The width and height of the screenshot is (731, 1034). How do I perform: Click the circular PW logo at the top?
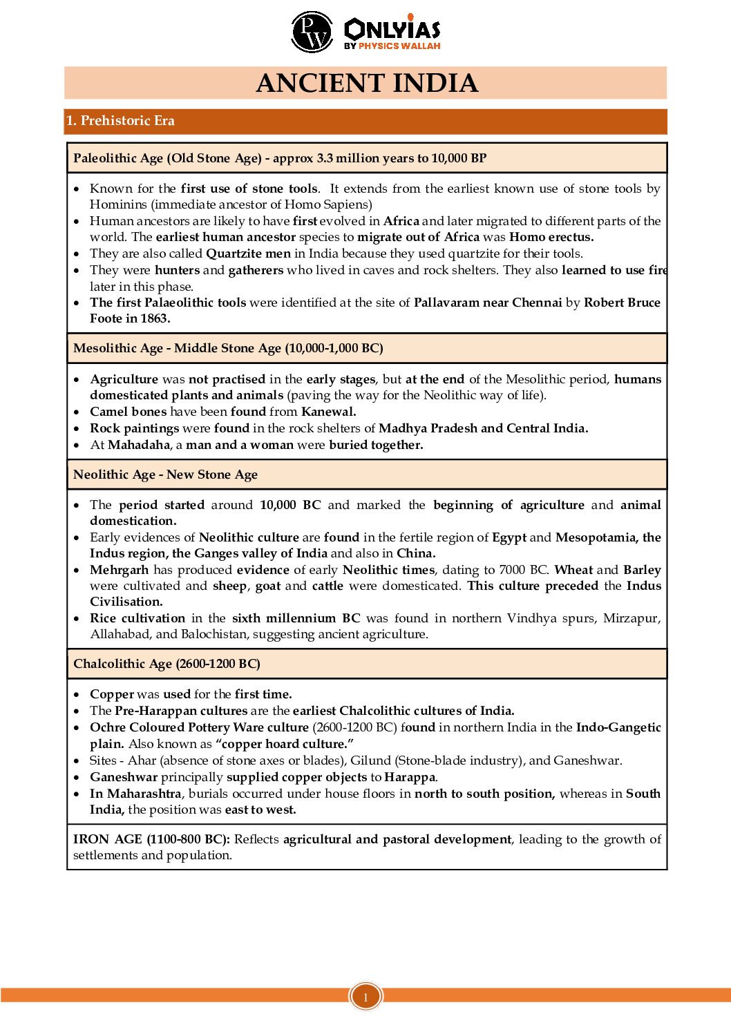[x=312, y=32]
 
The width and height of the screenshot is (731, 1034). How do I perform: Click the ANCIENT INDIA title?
[x=366, y=83]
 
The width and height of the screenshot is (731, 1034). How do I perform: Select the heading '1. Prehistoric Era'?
[x=120, y=121]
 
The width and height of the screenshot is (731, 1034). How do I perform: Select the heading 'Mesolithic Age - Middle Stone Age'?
[x=228, y=348]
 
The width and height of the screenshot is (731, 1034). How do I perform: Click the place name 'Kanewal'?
[x=328, y=412]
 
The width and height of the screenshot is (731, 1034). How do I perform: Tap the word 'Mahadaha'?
[x=139, y=445]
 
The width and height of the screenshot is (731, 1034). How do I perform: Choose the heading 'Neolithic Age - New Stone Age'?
[x=165, y=475]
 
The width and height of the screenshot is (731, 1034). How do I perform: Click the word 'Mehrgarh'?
[x=119, y=570]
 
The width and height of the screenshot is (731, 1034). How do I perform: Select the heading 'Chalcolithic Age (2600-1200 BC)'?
[x=167, y=664]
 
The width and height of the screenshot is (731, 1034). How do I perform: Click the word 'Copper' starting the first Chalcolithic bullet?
[x=112, y=694]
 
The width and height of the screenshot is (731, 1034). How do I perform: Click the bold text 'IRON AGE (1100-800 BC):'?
[x=151, y=839]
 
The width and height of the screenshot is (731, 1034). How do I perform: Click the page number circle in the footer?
[x=365, y=997]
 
